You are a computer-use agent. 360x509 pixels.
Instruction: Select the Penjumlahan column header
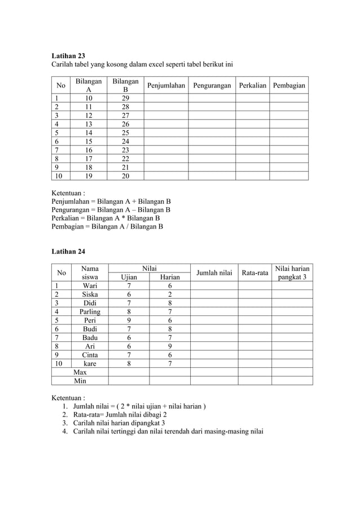[x=166, y=86]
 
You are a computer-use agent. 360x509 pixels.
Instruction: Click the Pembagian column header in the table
[x=289, y=86]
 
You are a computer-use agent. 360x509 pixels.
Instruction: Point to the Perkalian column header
[x=252, y=86]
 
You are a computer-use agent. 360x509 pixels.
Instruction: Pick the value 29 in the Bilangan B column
[x=125, y=98]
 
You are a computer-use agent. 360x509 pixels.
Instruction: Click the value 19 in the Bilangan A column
[x=89, y=175]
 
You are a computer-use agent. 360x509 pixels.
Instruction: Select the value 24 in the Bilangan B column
[x=125, y=141]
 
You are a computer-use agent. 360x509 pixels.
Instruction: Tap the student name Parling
[x=90, y=311]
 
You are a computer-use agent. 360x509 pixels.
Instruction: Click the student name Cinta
[x=90, y=355]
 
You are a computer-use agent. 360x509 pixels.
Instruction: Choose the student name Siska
[x=90, y=294]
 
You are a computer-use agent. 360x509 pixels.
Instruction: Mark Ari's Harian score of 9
[x=170, y=346]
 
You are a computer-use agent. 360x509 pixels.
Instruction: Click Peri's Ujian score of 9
[x=129, y=320]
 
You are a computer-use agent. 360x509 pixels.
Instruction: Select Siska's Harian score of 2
[x=170, y=294]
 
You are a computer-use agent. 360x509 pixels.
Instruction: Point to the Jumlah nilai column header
[x=214, y=273]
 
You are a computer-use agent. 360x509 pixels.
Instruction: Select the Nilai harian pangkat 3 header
[x=292, y=273]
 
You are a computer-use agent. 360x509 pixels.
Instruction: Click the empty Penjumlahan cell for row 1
[x=166, y=98]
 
